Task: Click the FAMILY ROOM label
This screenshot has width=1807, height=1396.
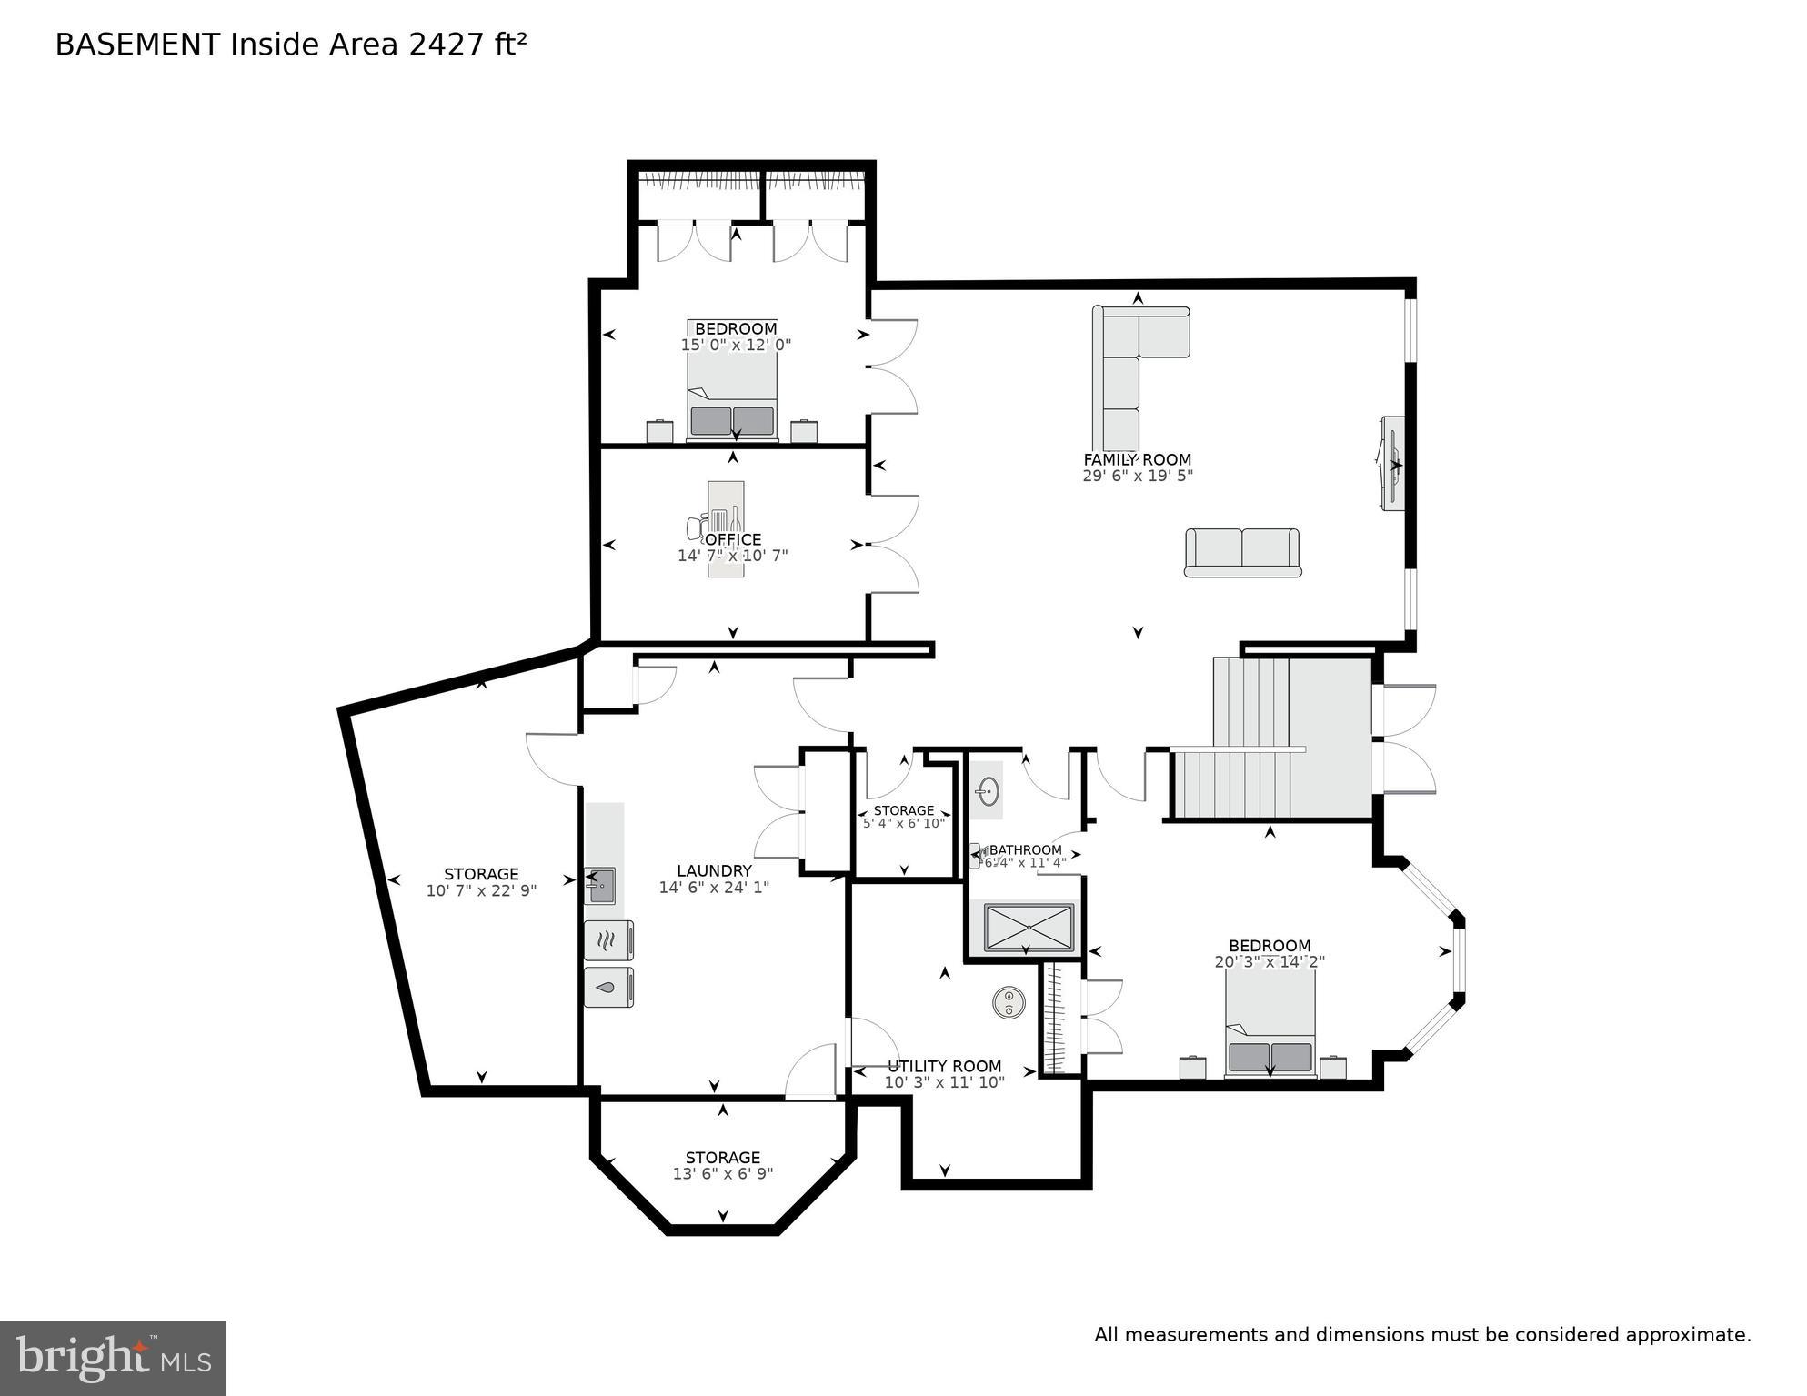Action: coord(1137,459)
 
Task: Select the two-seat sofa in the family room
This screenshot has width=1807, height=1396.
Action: coord(1242,552)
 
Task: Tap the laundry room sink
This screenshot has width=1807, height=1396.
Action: coord(601,885)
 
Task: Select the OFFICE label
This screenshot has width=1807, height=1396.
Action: coord(733,539)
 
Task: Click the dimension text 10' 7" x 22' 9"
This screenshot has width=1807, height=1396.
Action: coord(481,891)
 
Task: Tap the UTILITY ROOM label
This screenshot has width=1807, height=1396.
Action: coord(944,1066)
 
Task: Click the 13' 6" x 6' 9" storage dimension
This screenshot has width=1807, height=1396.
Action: coord(723,1174)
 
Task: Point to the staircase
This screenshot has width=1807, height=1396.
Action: coord(1273,737)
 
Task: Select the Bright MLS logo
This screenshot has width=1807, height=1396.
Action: coord(113,1358)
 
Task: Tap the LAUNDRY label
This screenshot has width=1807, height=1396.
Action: coord(714,870)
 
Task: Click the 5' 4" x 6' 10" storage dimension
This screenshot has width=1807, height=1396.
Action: coord(903,823)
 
